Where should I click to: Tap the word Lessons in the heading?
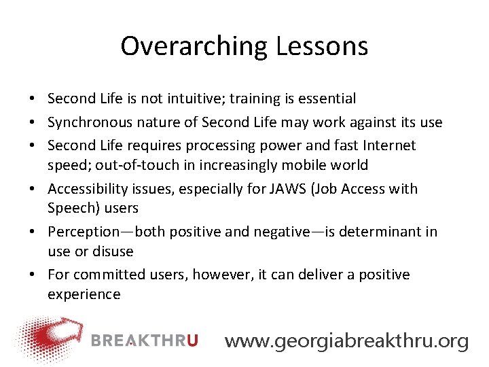pos(322,47)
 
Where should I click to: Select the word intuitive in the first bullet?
pos(192,99)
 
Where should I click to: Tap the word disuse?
pos(112,251)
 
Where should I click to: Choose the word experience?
pos(84,294)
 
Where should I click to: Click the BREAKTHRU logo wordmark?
pos(145,340)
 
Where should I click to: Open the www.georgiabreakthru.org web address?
pos(346,340)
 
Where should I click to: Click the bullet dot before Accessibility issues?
pos(33,189)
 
